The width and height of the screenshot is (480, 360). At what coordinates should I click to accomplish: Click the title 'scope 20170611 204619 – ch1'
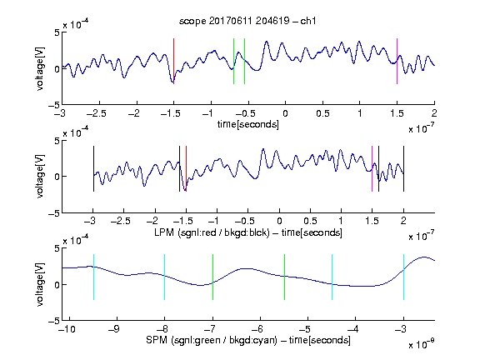(x=247, y=21)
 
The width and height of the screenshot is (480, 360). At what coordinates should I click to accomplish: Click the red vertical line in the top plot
(x=173, y=61)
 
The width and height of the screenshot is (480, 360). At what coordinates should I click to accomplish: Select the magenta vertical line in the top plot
(x=397, y=61)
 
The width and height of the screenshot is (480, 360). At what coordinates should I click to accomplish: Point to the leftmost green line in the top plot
(x=233, y=61)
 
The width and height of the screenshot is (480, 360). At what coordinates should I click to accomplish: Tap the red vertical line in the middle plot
(x=186, y=168)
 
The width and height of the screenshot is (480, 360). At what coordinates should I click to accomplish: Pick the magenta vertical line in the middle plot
(x=372, y=168)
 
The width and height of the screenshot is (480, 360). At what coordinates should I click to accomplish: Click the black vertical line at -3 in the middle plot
(x=93, y=168)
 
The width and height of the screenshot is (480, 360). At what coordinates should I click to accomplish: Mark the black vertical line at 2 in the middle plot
(x=403, y=168)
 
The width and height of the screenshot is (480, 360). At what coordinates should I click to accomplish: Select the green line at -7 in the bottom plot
(x=212, y=277)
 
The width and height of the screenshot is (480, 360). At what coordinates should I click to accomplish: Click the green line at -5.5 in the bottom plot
(x=284, y=277)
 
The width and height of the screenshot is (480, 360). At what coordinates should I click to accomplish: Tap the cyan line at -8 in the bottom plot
(x=164, y=277)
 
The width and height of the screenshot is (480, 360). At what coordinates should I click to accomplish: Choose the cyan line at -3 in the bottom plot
(x=403, y=277)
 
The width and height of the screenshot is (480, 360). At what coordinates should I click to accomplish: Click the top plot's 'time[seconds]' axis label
(x=248, y=124)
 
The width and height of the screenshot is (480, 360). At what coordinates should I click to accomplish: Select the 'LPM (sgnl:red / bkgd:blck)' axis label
(x=212, y=232)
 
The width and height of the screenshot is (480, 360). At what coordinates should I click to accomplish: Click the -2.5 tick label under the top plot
(x=97, y=113)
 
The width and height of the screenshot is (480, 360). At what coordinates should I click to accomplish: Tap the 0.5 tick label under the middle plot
(x=310, y=221)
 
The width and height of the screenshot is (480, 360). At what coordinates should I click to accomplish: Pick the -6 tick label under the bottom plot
(x=259, y=329)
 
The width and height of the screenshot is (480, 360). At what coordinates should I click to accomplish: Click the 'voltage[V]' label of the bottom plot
(x=40, y=284)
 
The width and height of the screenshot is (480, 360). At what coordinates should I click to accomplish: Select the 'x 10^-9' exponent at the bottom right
(x=422, y=344)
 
